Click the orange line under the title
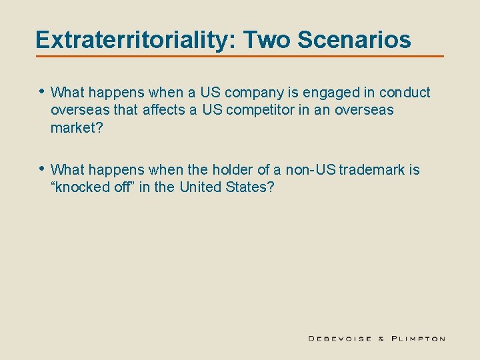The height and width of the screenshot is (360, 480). point(240,56)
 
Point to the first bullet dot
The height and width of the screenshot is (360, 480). point(41,91)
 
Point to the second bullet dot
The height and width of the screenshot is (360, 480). point(41,169)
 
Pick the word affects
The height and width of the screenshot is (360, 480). point(164,109)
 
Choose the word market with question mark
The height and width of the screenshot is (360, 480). point(77,127)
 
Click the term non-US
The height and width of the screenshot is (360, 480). point(311,170)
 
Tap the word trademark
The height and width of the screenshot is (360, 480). point(372,170)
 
